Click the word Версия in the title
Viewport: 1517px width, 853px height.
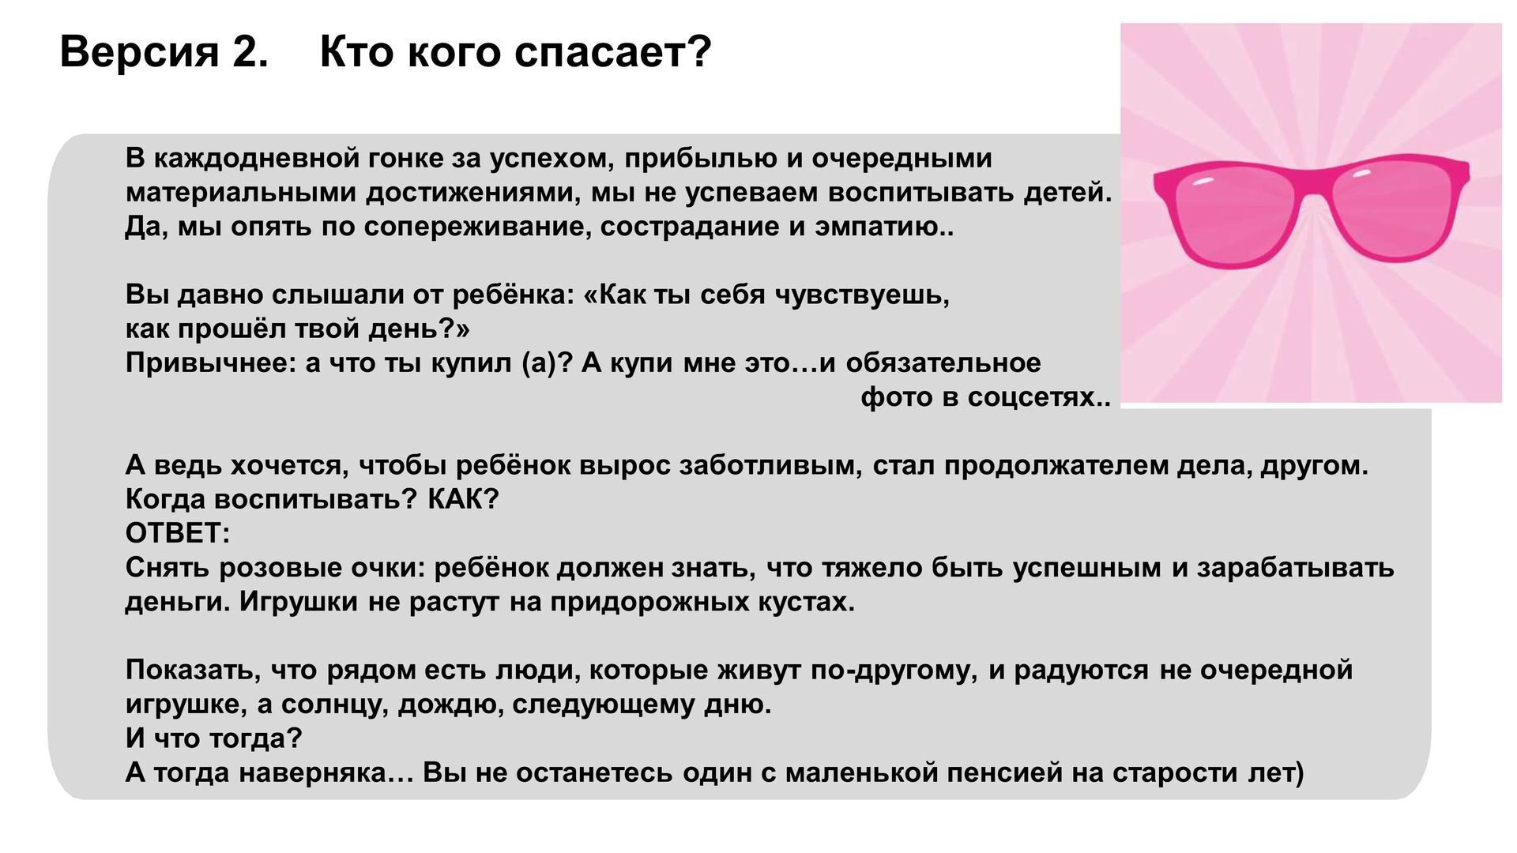click(x=139, y=52)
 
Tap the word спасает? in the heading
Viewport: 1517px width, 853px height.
click(x=612, y=52)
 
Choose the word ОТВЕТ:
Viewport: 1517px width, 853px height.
click(x=178, y=533)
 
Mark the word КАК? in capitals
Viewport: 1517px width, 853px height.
click(x=463, y=499)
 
